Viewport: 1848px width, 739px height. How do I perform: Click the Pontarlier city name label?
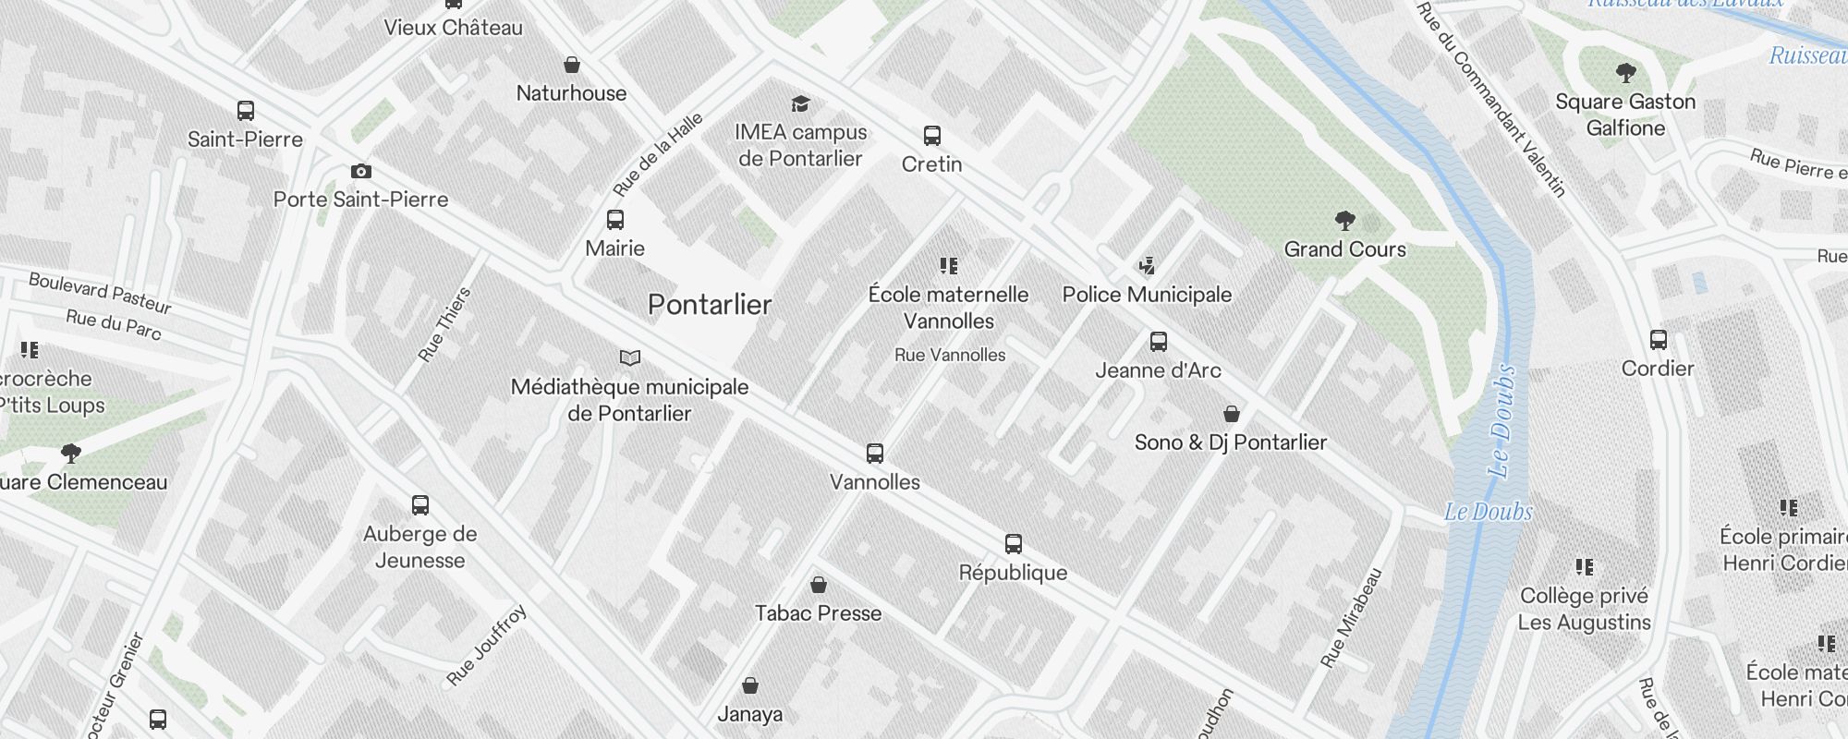coord(710,305)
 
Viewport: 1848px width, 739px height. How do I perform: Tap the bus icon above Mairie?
coord(614,220)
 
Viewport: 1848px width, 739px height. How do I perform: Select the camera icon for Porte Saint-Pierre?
coord(361,171)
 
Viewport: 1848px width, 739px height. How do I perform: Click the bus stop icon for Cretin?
coord(932,136)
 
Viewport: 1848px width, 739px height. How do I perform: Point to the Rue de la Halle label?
coord(658,155)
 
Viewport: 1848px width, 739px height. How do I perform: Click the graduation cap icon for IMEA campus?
coord(800,103)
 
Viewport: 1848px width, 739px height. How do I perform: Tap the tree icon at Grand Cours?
coord(1345,221)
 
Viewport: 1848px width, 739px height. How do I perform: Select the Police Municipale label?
coord(1147,295)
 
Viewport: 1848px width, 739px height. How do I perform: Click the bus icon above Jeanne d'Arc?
coord(1159,342)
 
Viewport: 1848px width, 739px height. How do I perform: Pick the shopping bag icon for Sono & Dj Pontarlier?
coord(1231,413)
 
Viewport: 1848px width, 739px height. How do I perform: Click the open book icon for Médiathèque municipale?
coord(630,357)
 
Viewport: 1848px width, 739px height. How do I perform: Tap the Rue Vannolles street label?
coord(950,355)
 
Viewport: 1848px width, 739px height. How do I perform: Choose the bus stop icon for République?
coord(1014,544)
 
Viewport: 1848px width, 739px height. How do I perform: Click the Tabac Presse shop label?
coord(818,613)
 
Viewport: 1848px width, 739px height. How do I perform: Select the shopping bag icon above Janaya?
coord(750,685)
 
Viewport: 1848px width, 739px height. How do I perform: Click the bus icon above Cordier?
coord(1659,340)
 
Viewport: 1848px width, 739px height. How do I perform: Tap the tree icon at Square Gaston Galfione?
coord(1626,73)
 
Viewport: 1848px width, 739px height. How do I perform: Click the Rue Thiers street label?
coord(445,324)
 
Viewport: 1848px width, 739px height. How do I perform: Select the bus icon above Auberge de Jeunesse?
coord(420,505)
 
